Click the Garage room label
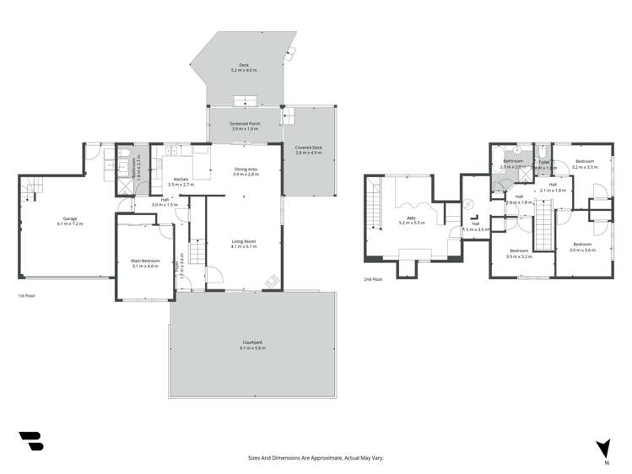point(67,222)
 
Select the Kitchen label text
point(181,181)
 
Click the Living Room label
point(244,245)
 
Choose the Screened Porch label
point(245,127)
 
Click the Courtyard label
point(252,345)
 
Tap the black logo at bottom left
point(30,440)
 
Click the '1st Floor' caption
point(27,296)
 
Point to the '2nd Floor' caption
point(373,278)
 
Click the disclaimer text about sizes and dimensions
point(316,458)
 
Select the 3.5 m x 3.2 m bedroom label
point(519,253)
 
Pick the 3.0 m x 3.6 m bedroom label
point(582,248)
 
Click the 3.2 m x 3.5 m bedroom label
point(584,164)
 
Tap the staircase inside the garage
point(30,191)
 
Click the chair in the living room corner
point(270,282)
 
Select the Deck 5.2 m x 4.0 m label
point(244,68)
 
